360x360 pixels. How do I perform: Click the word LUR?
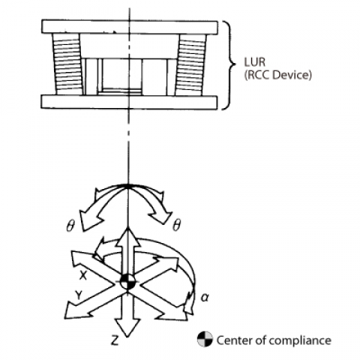tap(254, 62)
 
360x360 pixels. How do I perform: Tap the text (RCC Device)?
tap(278, 75)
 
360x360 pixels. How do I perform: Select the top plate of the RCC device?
tap(130, 27)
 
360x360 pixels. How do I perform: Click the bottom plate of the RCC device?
tap(129, 102)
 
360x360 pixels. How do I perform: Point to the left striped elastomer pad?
tap(67, 64)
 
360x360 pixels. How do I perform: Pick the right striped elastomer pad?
tap(190, 65)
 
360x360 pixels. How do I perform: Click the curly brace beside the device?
tap(229, 65)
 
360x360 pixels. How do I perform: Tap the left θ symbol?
tap(70, 226)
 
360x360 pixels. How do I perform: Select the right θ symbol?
tap(176, 226)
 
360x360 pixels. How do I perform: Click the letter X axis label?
tap(83, 275)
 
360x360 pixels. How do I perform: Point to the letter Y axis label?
tap(79, 295)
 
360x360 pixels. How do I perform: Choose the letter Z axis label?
tap(115, 340)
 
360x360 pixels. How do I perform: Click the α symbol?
tap(205, 298)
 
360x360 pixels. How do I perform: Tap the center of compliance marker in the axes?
tap(127, 282)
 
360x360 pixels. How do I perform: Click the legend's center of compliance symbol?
tap(205, 340)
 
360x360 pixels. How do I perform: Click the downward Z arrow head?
tap(127, 328)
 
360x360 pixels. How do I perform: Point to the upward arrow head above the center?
tap(127, 237)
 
